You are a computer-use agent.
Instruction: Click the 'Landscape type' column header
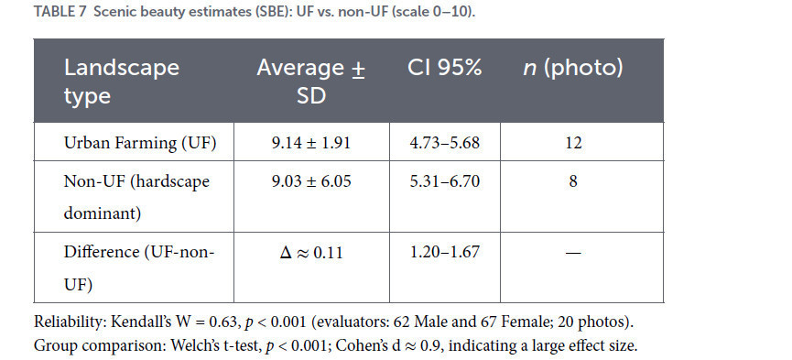click(x=121, y=81)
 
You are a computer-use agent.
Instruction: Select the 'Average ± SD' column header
click(x=310, y=81)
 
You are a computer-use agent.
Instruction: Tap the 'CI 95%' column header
click(x=444, y=68)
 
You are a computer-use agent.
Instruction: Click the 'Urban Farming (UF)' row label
click(x=140, y=143)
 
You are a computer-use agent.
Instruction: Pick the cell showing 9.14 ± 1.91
click(x=311, y=143)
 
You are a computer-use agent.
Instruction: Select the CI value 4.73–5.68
click(x=444, y=143)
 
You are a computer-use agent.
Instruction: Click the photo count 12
click(x=573, y=143)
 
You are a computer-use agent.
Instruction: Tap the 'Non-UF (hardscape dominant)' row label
click(x=136, y=197)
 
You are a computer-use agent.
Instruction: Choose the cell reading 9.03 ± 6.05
click(x=311, y=181)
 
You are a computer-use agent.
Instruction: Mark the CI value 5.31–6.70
click(x=444, y=181)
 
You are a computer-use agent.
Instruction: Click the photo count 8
click(x=573, y=181)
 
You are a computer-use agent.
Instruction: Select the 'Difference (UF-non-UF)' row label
click(x=139, y=268)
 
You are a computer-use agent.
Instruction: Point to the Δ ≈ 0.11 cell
click(x=311, y=252)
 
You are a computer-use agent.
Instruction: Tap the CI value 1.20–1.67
click(x=444, y=252)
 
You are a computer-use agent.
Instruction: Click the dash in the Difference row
click(x=573, y=252)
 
